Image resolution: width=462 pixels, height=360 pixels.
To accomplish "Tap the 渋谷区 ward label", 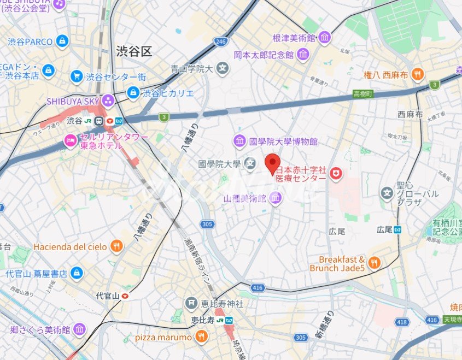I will click(x=133, y=51).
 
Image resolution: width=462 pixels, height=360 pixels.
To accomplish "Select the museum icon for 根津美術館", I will click(x=325, y=38).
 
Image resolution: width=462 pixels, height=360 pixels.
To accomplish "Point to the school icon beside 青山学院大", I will click(x=222, y=68).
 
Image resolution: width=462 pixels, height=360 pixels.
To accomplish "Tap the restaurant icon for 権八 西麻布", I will click(x=418, y=74).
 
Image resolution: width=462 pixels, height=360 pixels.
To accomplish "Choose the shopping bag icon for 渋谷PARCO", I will click(x=62, y=41).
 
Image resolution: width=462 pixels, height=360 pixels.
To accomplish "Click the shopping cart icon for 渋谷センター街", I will click(x=77, y=76).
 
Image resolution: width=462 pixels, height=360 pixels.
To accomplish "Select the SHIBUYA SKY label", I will click(x=73, y=101).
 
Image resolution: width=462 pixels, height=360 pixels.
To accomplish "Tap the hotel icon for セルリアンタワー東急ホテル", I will click(x=71, y=140).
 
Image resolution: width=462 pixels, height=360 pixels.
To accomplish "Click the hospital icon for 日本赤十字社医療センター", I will click(x=336, y=174).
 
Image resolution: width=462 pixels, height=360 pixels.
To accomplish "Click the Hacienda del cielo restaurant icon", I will click(x=116, y=246).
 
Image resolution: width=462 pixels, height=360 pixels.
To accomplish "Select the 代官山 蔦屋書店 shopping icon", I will click(x=77, y=272).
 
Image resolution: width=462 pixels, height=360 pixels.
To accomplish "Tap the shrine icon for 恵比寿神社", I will click(x=191, y=302).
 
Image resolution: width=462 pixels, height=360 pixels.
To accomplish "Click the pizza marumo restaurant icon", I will click(x=201, y=337).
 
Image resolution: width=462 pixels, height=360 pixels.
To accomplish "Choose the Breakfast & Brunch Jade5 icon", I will click(x=374, y=263).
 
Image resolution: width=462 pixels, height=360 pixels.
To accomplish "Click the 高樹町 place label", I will click(x=362, y=94).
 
